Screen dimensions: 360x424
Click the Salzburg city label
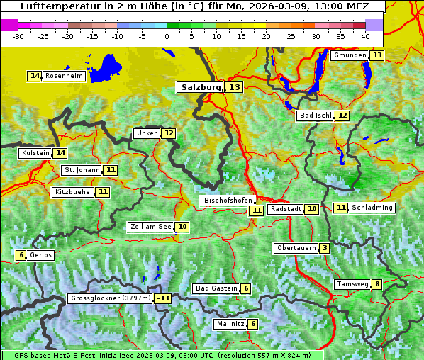(200, 87)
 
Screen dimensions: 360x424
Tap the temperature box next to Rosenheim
(35, 76)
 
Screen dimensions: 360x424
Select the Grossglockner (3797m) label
(111, 298)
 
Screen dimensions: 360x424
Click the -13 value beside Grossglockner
(164, 298)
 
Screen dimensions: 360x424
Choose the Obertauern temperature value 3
(324, 248)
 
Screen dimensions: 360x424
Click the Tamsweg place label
(352, 284)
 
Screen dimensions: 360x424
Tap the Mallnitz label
(230, 324)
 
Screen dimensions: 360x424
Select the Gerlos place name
(41, 255)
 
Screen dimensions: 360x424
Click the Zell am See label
(151, 227)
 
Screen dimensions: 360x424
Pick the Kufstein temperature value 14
(60, 153)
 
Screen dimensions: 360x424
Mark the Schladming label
(372, 208)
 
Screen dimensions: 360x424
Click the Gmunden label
(350, 55)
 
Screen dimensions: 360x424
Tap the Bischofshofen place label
(227, 201)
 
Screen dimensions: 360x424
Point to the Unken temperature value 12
(168, 133)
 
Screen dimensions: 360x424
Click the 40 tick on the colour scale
(365, 35)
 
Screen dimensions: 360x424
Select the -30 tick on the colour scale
(18, 35)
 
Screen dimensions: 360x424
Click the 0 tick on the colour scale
(167, 35)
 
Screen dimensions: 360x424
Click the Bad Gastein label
(216, 288)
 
